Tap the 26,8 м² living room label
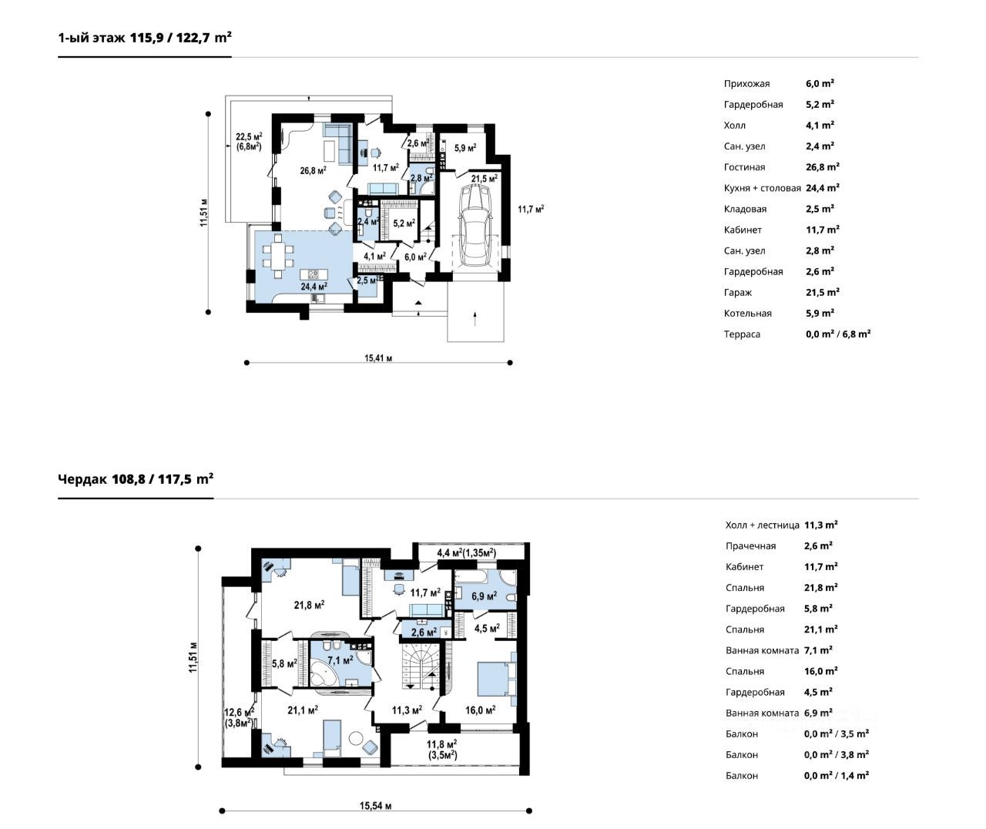[x=313, y=170]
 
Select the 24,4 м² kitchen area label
[x=314, y=287]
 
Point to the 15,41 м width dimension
[x=377, y=358]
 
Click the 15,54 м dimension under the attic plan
[x=375, y=806]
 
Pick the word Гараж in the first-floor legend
[x=738, y=293]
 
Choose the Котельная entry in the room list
[x=747, y=314]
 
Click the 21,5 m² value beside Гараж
[x=822, y=293]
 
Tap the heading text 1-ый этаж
[x=92, y=38]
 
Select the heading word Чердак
[x=83, y=479]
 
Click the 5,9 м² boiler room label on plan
[x=465, y=148]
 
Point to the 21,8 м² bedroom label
[x=310, y=605]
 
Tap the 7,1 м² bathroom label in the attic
[x=340, y=660]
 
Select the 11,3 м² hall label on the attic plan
[x=407, y=710]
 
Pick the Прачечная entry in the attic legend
[x=750, y=546]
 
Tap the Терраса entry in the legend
[x=742, y=334]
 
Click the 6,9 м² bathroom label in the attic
[x=484, y=596]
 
